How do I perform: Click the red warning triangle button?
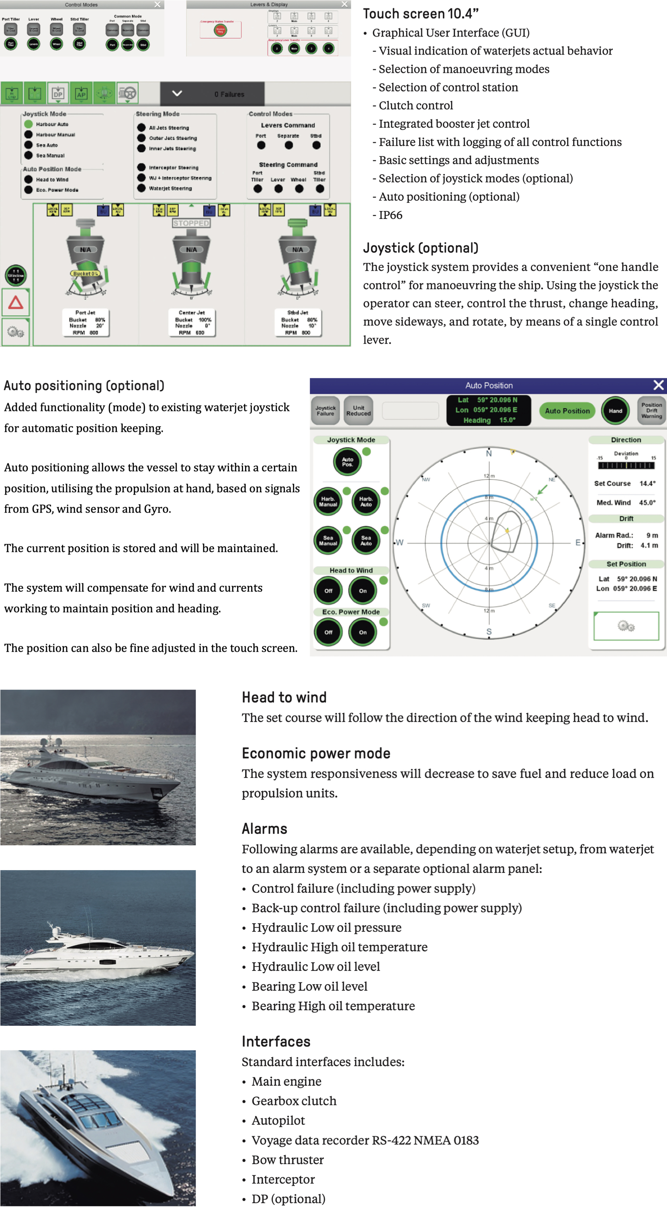16,302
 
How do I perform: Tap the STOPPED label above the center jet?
191,223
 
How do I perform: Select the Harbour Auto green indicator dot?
28,124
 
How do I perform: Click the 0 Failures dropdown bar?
213,94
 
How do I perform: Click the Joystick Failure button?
325,410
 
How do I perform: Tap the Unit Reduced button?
358,410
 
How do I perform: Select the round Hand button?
615,411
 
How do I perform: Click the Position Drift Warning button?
651,410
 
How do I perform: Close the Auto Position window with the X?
658,385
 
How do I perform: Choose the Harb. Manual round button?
328,501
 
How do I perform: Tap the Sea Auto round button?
366,540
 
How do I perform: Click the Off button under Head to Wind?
329,591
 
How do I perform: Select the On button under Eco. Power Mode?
362,632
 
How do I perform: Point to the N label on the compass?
489,454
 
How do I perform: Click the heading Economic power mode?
316,753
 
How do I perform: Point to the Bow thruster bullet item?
287,1159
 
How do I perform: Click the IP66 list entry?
391,215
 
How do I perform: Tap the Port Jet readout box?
86,323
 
